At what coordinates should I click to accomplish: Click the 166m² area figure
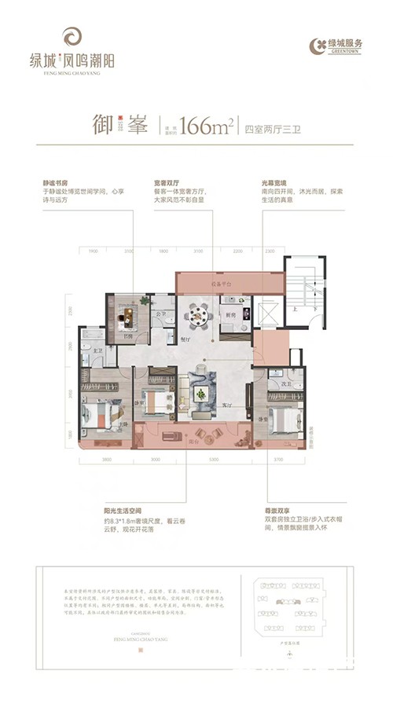pos(207,126)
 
